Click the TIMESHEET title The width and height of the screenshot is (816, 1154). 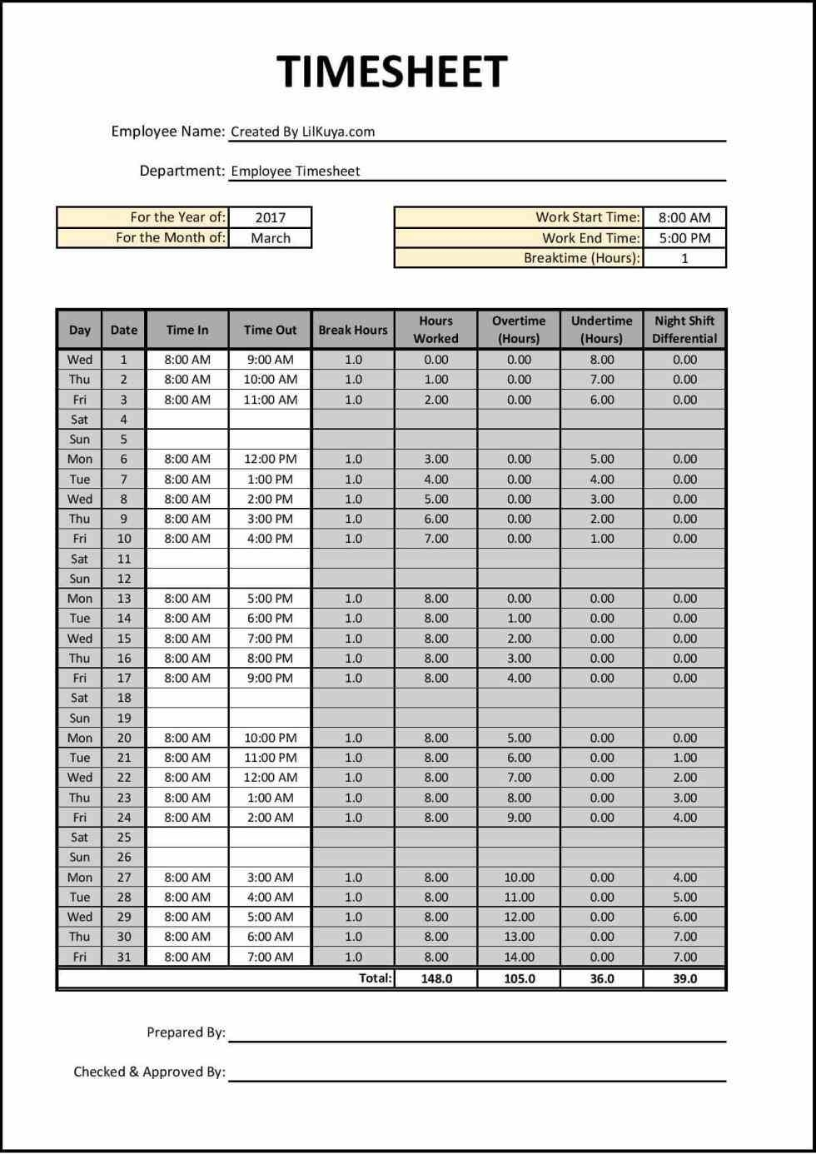391,72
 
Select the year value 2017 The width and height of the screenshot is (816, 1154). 271,217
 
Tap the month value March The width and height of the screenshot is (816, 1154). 271,238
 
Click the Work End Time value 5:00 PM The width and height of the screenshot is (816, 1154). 684,238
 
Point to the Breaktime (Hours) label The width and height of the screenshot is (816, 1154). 581,258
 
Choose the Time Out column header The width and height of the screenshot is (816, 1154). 270,330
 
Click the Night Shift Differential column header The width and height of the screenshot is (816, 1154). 684,330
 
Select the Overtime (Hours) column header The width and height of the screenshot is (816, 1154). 519,330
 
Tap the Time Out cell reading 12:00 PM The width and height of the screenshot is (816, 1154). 270,459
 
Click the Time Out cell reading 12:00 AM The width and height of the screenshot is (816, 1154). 270,778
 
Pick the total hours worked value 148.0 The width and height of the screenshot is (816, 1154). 436,978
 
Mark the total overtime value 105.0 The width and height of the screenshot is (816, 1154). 519,978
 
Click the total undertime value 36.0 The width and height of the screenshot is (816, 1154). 602,978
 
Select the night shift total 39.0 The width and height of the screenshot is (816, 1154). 684,978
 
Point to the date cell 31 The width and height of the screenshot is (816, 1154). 124,957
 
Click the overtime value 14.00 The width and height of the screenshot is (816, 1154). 519,957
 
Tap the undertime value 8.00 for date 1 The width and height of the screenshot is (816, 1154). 602,360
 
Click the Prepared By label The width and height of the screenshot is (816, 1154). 186,1032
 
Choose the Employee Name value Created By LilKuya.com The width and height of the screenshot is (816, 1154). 302,132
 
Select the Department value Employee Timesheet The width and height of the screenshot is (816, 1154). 296,172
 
